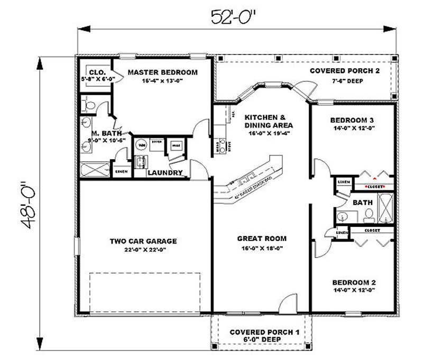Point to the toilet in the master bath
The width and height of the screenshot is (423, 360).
pyautogui.click(x=88, y=104)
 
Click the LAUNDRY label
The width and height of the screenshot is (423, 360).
pyautogui.click(x=165, y=173)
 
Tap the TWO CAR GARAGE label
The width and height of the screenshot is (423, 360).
pyautogui.click(x=143, y=242)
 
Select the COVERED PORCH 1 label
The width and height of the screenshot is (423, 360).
pyautogui.click(x=264, y=332)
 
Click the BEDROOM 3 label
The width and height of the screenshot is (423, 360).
pyautogui.click(x=352, y=119)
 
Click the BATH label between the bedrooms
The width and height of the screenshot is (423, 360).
pyautogui.click(x=363, y=202)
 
